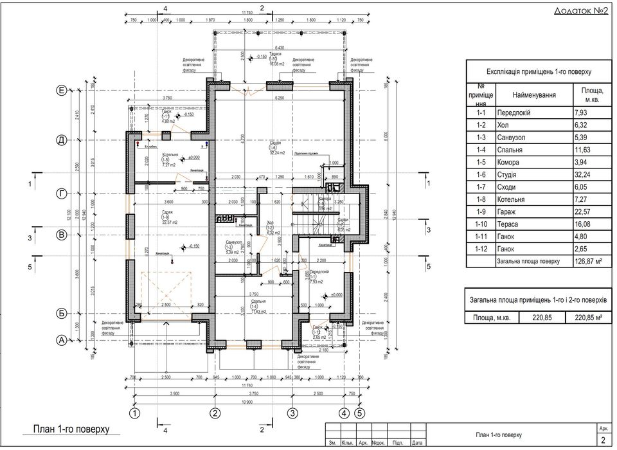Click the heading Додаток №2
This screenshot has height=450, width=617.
pyautogui.click(x=580, y=12)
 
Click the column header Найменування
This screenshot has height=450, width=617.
pyautogui.click(x=535, y=94)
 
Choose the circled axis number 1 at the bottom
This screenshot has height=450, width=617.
pyautogui.click(x=134, y=412)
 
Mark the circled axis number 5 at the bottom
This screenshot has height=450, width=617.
pyautogui.click(x=359, y=412)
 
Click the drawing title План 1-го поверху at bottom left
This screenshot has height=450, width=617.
pyautogui.click(x=71, y=429)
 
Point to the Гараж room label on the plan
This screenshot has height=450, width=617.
pyautogui.click(x=167, y=213)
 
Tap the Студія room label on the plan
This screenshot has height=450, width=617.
pyautogui.click(x=274, y=143)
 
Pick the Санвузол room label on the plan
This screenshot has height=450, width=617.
pyautogui.click(x=233, y=242)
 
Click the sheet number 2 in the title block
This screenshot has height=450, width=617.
pyautogui.click(x=603, y=440)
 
